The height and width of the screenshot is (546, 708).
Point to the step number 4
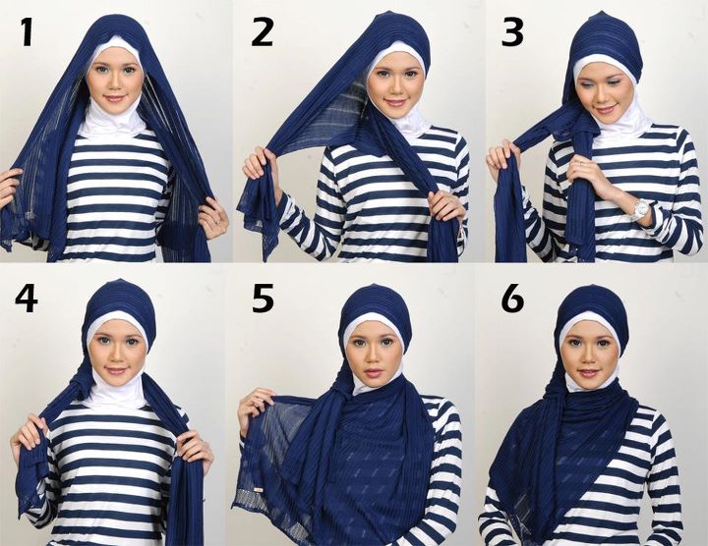[26, 297]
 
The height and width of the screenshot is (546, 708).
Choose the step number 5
[263, 297]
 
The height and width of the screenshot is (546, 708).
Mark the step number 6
[511, 297]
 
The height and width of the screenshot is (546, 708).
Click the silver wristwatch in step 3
[641, 208]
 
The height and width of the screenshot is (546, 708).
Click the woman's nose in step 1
[114, 84]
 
